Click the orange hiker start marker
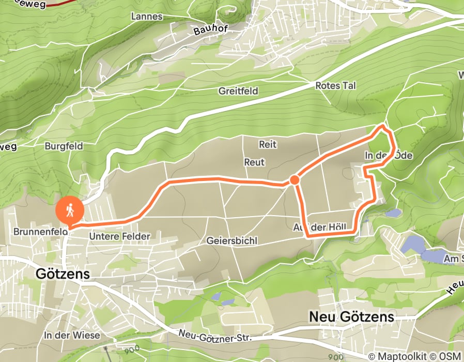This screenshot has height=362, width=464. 69,210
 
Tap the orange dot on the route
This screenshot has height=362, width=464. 295,180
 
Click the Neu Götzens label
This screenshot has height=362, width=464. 351,316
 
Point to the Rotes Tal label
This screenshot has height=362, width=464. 335,86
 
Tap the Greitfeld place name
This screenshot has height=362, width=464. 238,91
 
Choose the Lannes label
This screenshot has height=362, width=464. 147,17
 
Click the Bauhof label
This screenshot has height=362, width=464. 211,29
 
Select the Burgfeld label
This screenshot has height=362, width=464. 64,146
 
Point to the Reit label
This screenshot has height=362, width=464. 268,144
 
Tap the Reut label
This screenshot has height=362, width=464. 254,162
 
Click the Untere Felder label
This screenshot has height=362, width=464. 119,236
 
